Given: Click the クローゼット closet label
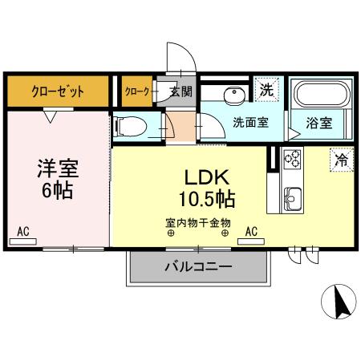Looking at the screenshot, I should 58,91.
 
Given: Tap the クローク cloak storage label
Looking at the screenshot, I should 136,91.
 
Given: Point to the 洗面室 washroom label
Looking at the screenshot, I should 250,123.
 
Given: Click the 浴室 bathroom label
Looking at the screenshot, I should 318,123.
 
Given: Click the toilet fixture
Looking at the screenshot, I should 132,127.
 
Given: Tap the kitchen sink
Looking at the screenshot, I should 291,196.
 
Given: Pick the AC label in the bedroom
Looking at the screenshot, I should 22,232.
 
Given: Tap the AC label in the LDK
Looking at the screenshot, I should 251,232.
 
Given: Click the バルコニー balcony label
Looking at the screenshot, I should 199,266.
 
